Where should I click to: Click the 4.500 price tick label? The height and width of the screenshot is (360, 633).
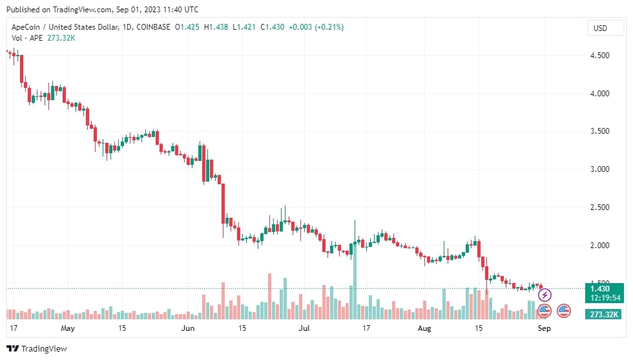(600, 56)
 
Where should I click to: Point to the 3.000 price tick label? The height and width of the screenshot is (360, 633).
(600, 169)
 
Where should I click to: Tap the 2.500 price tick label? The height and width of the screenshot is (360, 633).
(600, 207)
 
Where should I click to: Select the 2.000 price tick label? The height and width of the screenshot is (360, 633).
(600, 246)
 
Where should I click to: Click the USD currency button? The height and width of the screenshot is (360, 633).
(600, 28)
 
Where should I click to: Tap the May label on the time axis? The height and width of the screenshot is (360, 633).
(68, 328)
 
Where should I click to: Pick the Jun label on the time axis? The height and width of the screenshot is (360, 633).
(187, 328)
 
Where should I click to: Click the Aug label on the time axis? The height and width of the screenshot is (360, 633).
(424, 328)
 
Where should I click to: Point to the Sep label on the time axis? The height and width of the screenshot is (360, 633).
(545, 328)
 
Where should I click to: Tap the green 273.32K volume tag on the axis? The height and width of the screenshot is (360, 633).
(603, 315)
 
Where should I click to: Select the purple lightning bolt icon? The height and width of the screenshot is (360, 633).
(545, 295)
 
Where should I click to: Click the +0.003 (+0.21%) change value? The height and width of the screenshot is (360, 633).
(316, 27)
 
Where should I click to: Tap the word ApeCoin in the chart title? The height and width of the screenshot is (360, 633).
(27, 27)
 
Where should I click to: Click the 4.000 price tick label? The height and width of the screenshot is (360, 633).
(600, 94)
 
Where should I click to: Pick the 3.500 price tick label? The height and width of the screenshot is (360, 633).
(600, 131)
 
